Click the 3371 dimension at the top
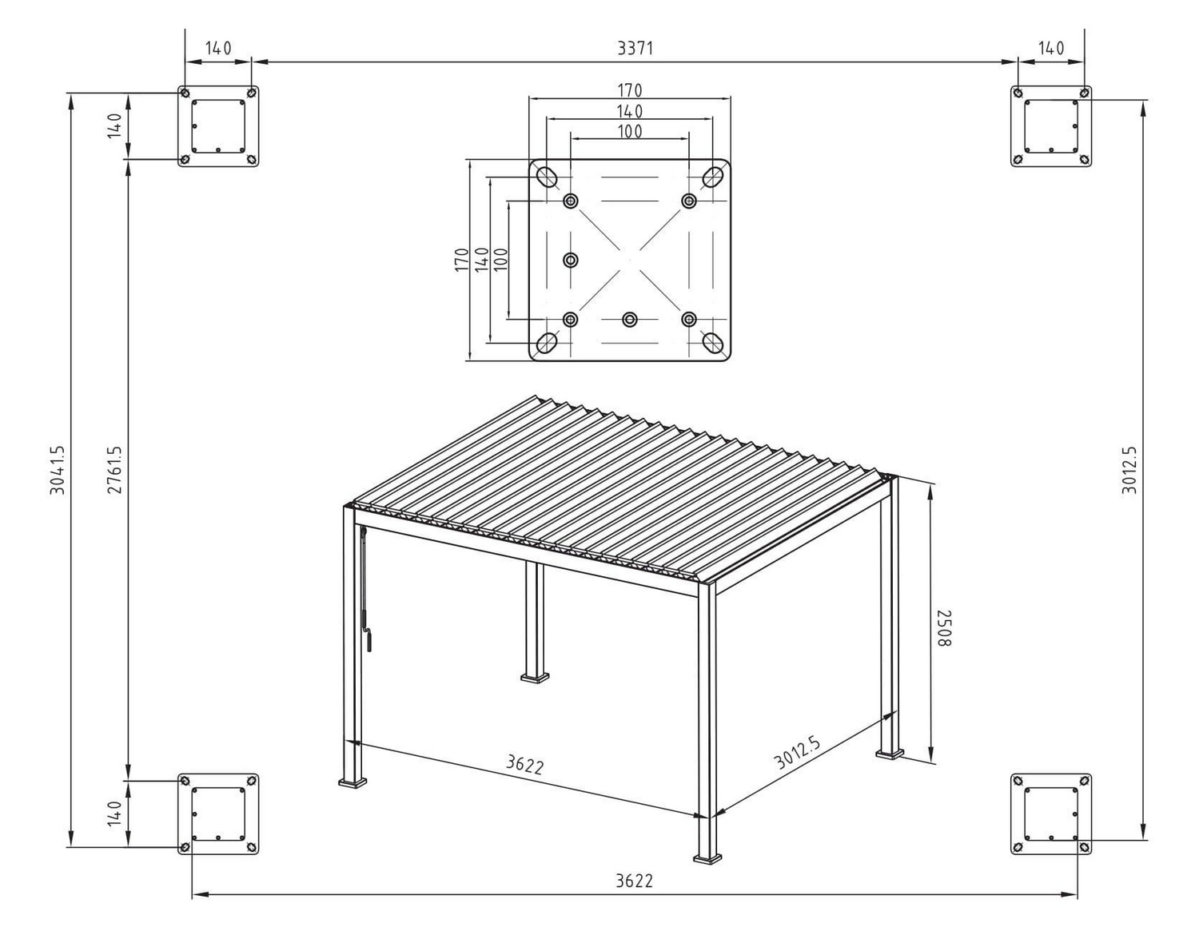point(635,49)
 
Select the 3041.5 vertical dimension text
point(58,470)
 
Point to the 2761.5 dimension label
point(115,470)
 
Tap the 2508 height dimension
point(944,628)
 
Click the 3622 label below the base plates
point(634,881)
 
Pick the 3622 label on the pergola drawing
point(524,765)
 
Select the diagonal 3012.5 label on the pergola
point(797,752)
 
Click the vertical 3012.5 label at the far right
point(1129,470)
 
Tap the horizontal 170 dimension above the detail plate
point(630,90)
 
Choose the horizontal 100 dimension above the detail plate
point(630,132)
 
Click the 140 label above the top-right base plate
point(1051,49)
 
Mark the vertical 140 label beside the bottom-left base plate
point(115,814)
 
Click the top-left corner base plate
point(218,126)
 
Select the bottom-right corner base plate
point(1051,814)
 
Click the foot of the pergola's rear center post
point(535,678)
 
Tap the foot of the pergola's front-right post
point(707,859)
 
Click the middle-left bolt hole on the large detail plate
point(571,260)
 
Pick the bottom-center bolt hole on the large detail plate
point(630,320)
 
